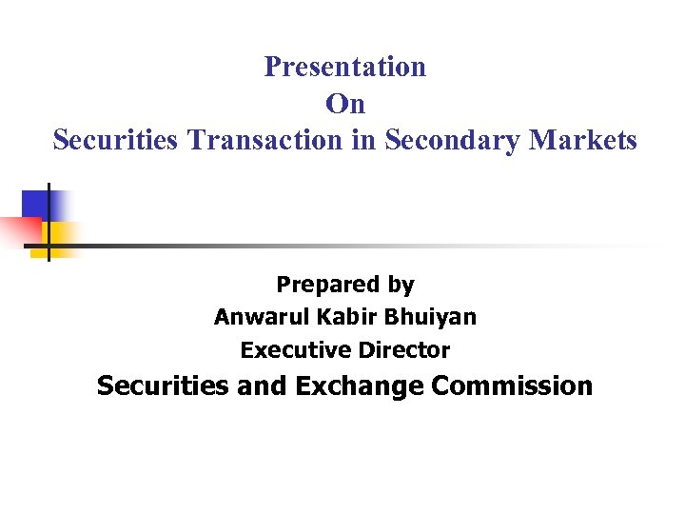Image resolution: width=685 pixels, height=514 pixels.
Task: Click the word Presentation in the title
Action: point(344,67)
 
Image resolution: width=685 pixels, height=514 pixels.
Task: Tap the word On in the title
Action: point(344,103)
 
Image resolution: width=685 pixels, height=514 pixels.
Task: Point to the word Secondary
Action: point(447,140)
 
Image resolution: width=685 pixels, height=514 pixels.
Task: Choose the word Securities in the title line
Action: point(116,140)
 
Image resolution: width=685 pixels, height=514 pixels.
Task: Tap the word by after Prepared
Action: point(401,285)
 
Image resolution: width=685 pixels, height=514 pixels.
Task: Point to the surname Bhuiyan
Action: point(426,317)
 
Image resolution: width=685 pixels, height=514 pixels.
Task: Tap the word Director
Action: point(403,350)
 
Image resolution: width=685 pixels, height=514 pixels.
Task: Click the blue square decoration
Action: point(42,204)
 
